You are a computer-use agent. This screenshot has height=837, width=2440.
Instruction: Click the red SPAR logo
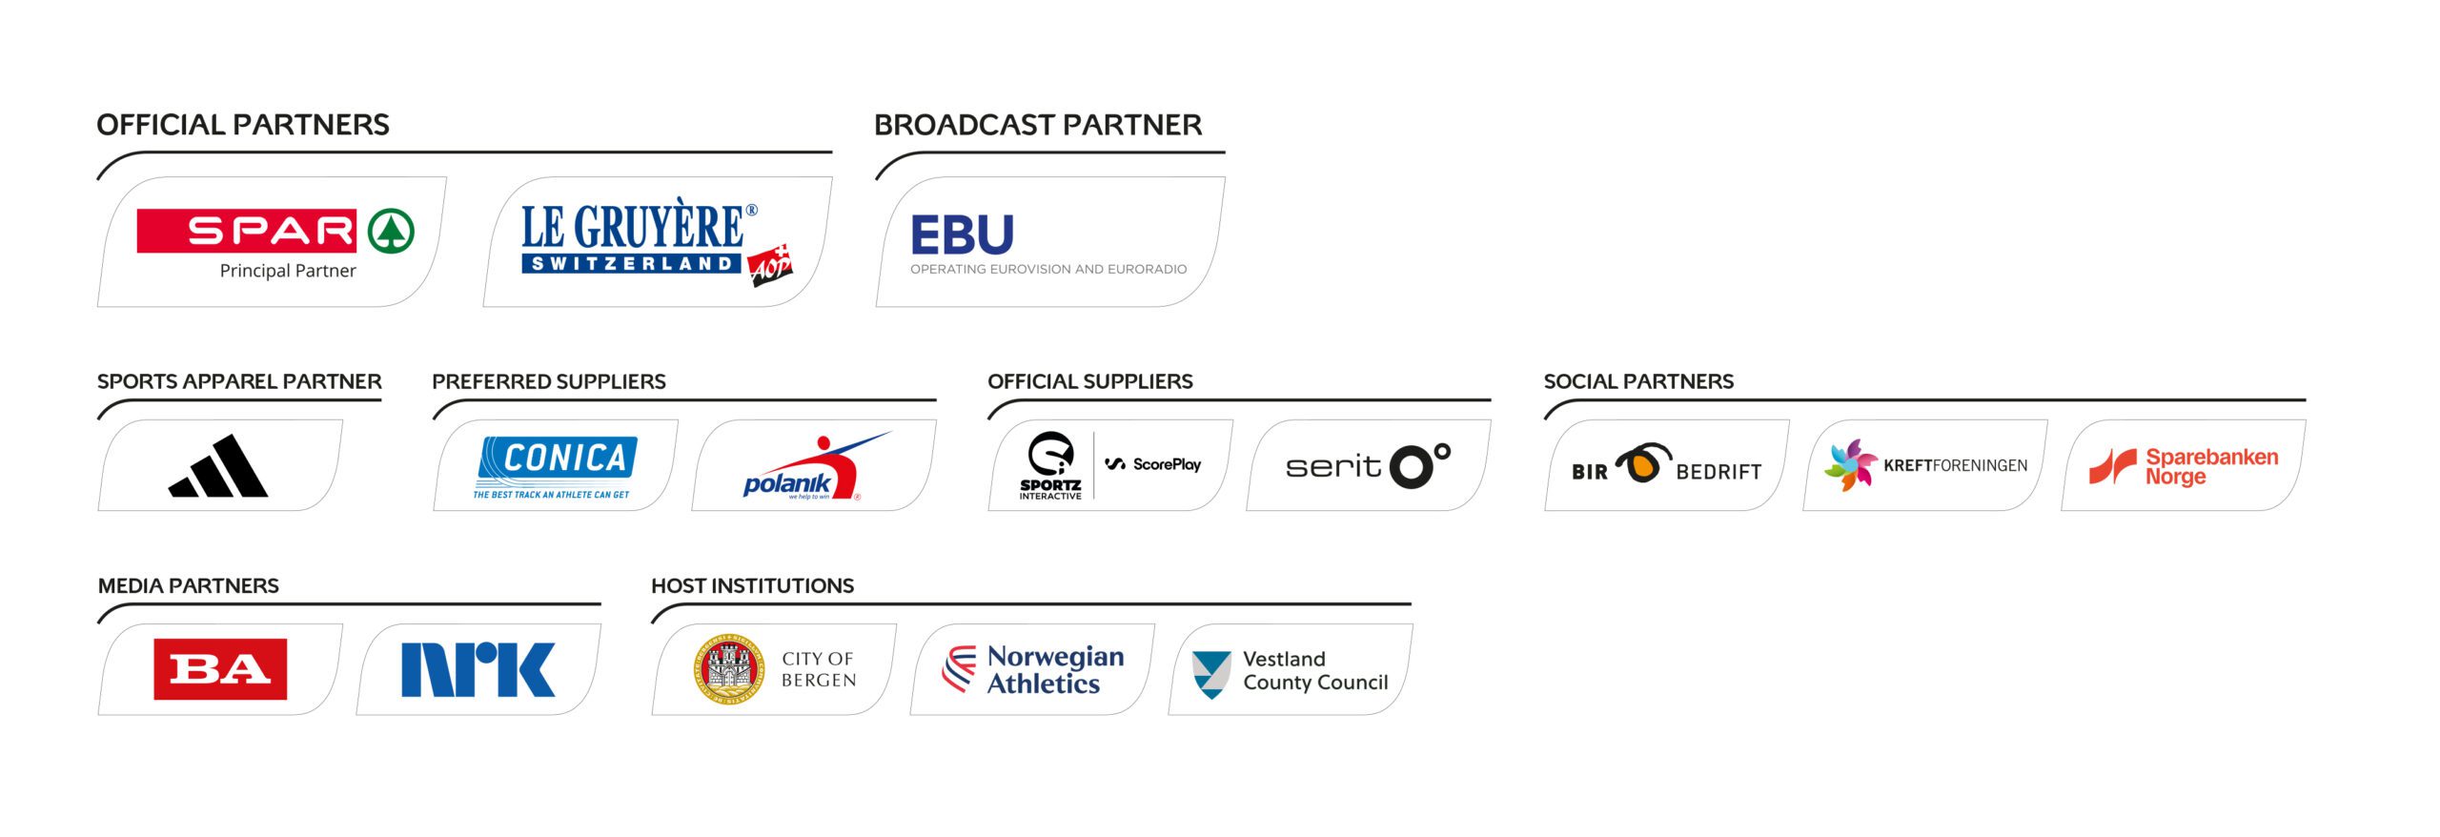coord(274,232)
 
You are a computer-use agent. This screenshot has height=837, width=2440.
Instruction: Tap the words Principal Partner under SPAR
coord(288,271)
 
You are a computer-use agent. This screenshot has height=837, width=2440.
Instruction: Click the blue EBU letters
coord(962,235)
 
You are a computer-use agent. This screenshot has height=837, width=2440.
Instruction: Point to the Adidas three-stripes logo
coord(219,467)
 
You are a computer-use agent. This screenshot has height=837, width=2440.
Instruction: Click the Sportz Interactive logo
coord(1050,465)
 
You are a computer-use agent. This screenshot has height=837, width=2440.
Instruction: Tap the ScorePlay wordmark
coord(1154,464)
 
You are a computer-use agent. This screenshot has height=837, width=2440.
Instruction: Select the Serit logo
coord(1368,465)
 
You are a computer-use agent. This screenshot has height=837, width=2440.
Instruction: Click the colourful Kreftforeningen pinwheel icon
coord(1850,465)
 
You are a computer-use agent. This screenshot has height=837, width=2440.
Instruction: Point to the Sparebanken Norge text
coord(2210,466)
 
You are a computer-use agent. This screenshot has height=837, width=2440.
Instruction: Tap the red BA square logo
coord(220,669)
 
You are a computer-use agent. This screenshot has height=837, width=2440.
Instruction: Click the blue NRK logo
coord(478,669)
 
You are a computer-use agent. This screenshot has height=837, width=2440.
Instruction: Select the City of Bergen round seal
coord(729,669)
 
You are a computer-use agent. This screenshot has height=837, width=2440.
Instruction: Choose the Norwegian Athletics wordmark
coord(1055,669)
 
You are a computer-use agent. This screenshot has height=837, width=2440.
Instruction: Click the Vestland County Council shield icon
coord(1211,673)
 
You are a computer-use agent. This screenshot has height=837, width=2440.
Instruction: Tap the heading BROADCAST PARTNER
coord(1037,125)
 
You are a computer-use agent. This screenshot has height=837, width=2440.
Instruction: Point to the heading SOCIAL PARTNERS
coord(1637,381)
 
